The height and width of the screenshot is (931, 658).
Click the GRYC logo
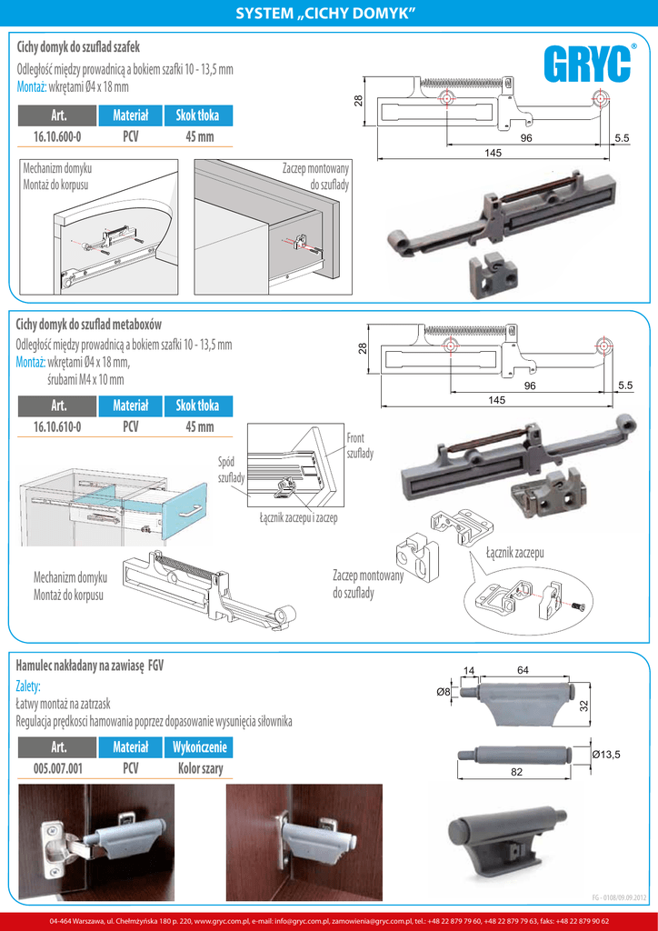coord(588,65)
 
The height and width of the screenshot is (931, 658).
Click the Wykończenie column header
coord(199,747)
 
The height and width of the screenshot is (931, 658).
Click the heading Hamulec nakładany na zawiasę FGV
coord(103,665)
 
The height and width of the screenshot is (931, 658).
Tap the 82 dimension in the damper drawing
coord(516,772)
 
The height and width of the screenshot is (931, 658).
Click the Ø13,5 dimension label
coord(605,755)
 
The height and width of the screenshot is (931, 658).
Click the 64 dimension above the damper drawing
coord(523,670)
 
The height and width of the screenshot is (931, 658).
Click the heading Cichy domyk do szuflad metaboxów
coord(89,325)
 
